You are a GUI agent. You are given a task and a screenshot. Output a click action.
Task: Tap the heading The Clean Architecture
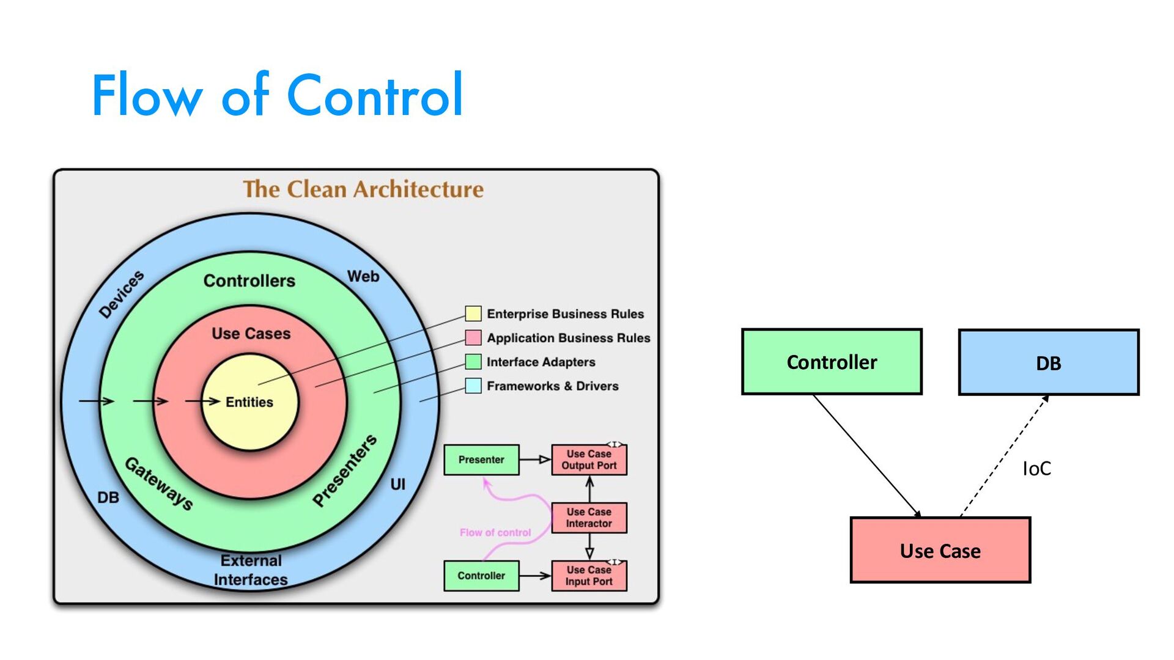pyautogui.click(x=363, y=189)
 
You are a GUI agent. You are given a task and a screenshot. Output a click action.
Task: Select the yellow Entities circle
pyautogui.click(x=249, y=402)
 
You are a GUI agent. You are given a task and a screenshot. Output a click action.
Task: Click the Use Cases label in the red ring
pyautogui.click(x=251, y=334)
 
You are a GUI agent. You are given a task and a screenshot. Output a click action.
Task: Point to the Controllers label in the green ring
pyautogui.click(x=249, y=281)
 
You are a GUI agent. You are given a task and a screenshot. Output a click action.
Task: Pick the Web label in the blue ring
pyautogui.click(x=363, y=276)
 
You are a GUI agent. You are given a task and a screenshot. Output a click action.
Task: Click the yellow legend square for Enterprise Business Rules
pyautogui.click(x=473, y=313)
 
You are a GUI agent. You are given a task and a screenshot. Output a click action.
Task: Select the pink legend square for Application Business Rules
pyautogui.click(x=473, y=337)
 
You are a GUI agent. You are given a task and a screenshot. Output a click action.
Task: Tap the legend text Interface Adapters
pyautogui.click(x=541, y=362)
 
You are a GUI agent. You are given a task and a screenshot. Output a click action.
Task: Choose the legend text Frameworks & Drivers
pyautogui.click(x=552, y=386)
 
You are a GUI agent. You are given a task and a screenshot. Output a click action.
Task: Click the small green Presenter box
pyautogui.click(x=481, y=460)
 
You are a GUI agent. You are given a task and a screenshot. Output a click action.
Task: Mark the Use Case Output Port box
pyautogui.click(x=589, y=460)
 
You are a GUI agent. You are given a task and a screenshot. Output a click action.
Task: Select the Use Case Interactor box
pyautogui.click(x=589, y=518)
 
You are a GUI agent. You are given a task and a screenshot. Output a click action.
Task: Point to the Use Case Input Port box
pyautogui.click(x=589, y=576)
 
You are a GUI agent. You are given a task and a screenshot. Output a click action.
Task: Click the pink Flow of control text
pyautogui.click(x=495, y=533)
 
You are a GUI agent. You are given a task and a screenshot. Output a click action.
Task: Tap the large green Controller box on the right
pyautogui.click(x=832, y=362)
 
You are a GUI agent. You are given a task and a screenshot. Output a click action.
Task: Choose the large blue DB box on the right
pyautogui.click(x=1048, y=363)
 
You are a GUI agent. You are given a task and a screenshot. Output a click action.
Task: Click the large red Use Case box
pyautogui.click(x=940, y=551)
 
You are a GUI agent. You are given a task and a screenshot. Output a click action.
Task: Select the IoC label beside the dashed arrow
pyautogui.click(x=1036, y=469)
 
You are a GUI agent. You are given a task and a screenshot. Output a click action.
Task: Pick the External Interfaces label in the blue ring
pyautogui.click(x=251, y=570)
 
